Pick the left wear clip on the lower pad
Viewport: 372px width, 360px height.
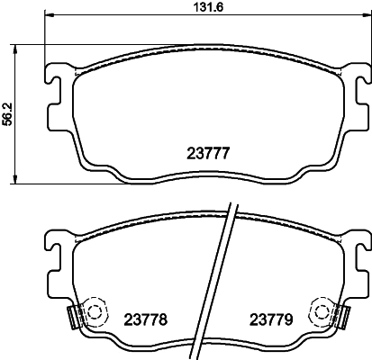click(76, 289)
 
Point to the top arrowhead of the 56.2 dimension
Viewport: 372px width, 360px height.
click(21, 47)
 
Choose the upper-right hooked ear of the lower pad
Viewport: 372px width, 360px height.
click(358, 241)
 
